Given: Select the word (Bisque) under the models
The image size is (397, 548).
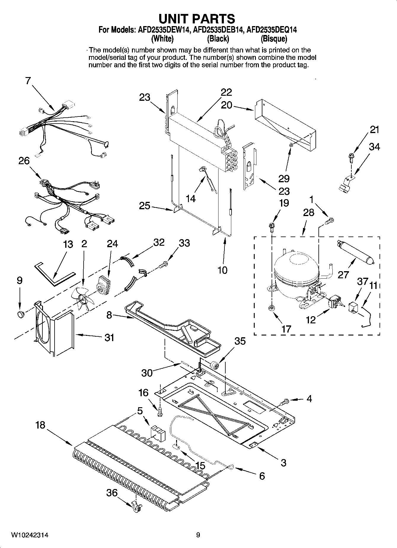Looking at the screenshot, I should [274, 39].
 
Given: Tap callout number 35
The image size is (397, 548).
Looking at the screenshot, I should [240, 341].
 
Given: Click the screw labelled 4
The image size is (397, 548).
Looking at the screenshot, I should [285, 402].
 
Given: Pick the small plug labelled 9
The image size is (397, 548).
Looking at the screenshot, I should [20, 313].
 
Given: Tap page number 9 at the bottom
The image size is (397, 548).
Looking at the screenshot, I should [198, 535].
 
